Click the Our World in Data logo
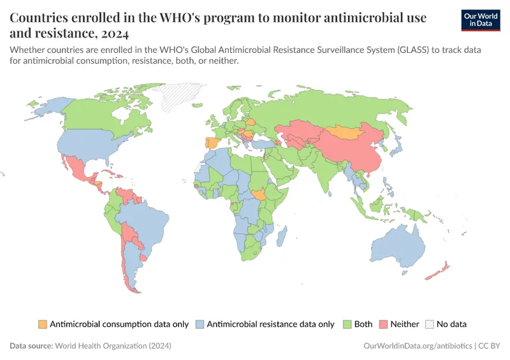pyautogui.click(x=480, y=20)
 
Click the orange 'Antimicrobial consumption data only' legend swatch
pyautogui.click(x=43, y=324)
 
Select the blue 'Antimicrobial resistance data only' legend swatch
pyautogui.click(x=200, y=324)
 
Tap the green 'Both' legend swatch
pyautogui.click(x=347, y=324)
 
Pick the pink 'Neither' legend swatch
pyautogui.click(x=383, y=324)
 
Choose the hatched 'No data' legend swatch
pyautogui.click(x=430, y=324)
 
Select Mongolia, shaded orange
pyautogui.click(x=349, y=132)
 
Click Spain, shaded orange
pyautogui.click(x=211, y=144)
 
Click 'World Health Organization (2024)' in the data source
pyautogui.click(x=113, y=345)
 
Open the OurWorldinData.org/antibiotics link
pyautogui.click(x=417, y=345)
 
